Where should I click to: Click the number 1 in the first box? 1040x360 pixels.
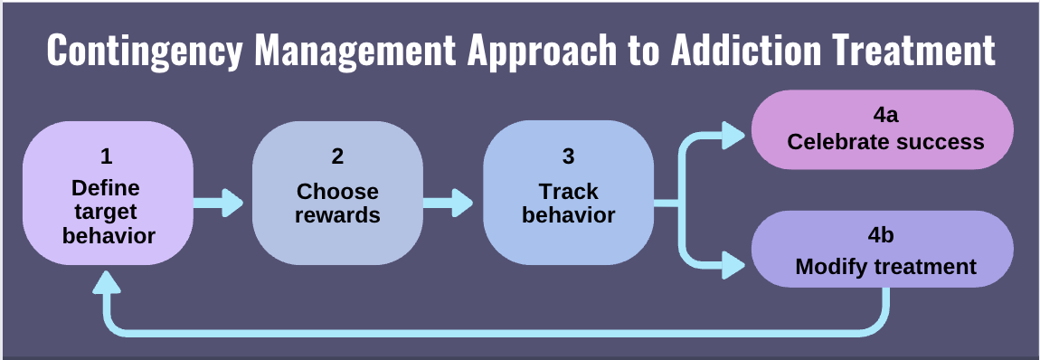pos(107,156)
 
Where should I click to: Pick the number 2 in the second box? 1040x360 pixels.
pos(337,156)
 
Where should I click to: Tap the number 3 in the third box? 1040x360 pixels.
pos(568,156)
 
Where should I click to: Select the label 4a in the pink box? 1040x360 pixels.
pos(884,116)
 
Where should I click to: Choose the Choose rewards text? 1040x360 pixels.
pos(337,204)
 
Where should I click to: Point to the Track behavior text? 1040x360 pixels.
pos(568,204)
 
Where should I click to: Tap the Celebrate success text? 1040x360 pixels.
pos(884,142)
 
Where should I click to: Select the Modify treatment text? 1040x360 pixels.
pos(884,267)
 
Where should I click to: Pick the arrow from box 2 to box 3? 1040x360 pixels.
pos(449,202)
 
